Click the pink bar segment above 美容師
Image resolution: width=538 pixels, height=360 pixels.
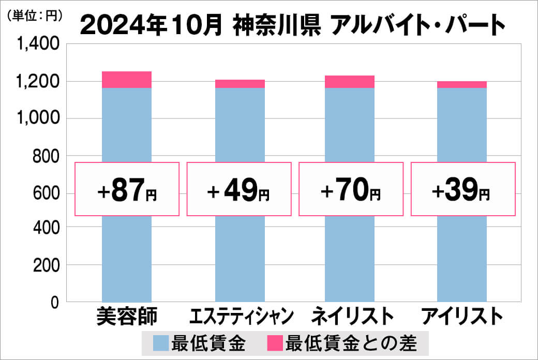pos(127,80)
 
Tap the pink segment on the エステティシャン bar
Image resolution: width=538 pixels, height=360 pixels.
pos(240,84)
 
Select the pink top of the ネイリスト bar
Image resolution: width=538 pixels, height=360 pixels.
pos(350,82)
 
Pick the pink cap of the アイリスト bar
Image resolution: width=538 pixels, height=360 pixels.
pos(461,85)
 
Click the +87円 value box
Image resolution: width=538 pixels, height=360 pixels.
pos(127,189)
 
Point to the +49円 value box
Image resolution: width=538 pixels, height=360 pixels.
pos(238,189)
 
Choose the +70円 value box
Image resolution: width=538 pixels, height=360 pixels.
pos(351,189)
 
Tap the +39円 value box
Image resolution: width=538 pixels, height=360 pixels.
pos(462,189)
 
